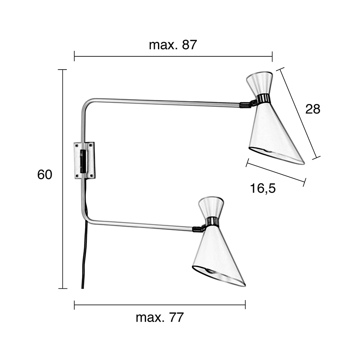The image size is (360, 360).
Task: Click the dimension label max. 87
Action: [173, 45]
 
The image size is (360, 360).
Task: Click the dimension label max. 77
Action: [160, 317]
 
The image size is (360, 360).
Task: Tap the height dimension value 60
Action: [44, 174]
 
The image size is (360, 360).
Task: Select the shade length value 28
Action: [313, 109]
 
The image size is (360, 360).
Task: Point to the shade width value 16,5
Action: [263, 188]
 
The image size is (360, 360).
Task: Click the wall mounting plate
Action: [84, 160]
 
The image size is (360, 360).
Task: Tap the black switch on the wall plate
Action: [83, 161]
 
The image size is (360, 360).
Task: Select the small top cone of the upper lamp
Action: [260, 83]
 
